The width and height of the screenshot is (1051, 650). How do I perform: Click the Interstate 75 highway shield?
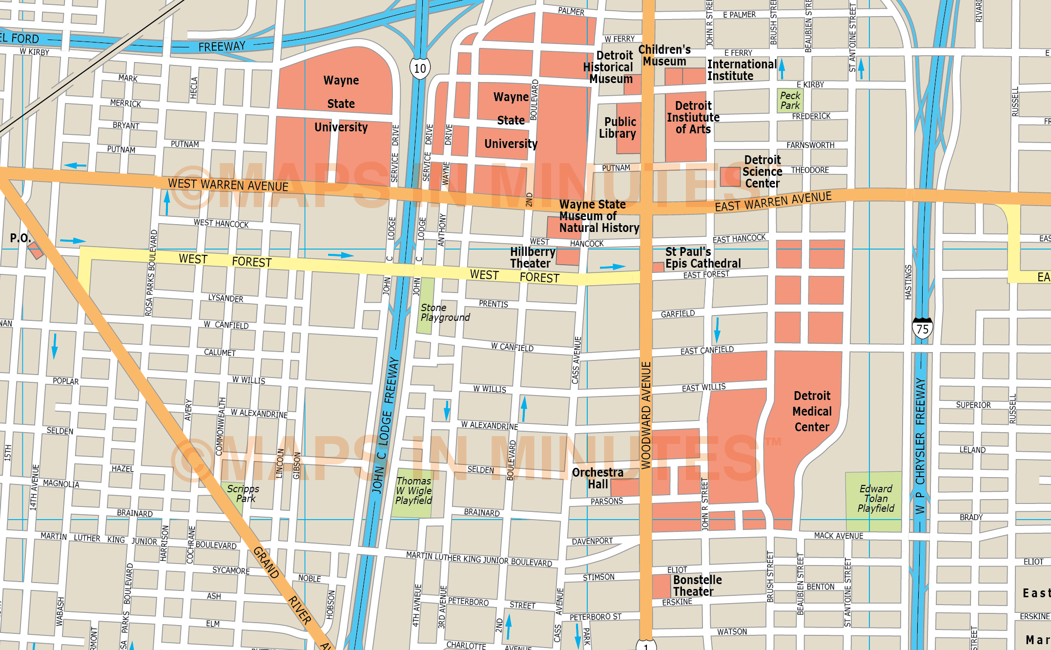[922, 329]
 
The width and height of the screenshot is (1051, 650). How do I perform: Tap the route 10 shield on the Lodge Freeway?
[420, 68]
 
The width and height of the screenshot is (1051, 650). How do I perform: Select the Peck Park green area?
[790, 101]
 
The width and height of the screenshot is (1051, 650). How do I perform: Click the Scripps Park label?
[243, 493]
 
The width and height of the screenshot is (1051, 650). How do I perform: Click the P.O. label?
[20, 238]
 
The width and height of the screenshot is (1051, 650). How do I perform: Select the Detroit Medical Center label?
[811, 411]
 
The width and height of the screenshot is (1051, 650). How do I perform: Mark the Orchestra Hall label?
[597, 479]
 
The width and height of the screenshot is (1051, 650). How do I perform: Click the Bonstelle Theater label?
[697, 586]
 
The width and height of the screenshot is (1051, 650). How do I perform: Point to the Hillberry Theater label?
[532, 257]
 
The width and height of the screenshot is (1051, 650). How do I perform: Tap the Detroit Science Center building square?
[730, 176]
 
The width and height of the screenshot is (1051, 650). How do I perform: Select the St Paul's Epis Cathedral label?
[702, 258]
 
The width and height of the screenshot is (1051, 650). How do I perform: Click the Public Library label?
[618, 127]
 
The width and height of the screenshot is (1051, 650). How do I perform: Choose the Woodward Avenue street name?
[646, 415]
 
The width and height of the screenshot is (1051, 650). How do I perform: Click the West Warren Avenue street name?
[228, 185]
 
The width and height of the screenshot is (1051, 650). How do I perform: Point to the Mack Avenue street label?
[838, 536]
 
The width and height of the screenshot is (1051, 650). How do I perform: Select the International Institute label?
[741, 70]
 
